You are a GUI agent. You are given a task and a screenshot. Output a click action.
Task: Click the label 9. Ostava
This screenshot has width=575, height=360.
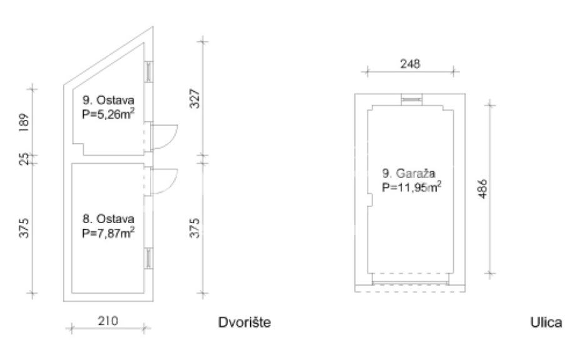[109, 100]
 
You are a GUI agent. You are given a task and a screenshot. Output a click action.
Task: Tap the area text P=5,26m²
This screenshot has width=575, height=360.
[108, 114]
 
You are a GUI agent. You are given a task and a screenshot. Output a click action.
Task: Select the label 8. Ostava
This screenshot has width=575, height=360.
[109, 219]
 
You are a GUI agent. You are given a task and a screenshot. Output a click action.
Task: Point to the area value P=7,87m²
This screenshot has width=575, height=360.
[108, 232]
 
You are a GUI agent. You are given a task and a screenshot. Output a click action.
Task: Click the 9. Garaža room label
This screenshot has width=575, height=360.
[409, 173]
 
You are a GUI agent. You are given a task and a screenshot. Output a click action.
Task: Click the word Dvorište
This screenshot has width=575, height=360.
[244, 322]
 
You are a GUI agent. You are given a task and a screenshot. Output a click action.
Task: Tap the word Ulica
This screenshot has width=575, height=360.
[546, 322]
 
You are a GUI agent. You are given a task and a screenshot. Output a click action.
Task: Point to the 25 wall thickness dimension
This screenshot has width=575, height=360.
[24, 159]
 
